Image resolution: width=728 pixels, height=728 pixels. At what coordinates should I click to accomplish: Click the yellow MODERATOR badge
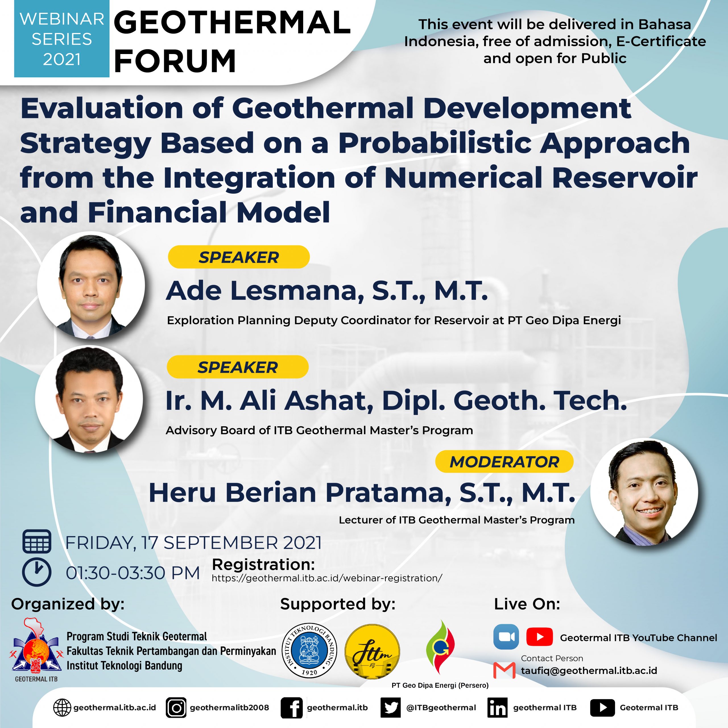(504, 462)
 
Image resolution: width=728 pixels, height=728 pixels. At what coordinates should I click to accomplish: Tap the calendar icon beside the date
(37, 541)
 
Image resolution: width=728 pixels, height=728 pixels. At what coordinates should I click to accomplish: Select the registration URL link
(327, 578)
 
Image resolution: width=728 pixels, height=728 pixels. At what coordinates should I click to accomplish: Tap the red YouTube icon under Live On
(539, 637)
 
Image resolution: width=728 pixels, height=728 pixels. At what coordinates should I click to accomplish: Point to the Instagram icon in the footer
(176, 707)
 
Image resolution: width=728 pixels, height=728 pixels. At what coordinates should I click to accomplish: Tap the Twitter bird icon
(391, 707)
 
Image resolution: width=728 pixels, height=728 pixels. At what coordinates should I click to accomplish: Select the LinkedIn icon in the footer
(497, 707)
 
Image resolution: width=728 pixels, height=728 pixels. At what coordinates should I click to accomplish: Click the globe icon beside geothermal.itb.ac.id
(62, 707)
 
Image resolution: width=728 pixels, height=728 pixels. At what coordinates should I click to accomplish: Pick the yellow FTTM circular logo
(372, 651)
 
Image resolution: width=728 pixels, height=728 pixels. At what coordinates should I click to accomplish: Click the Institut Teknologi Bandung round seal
(310, 650)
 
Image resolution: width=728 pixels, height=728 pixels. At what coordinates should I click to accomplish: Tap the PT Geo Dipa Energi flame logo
(440, 647)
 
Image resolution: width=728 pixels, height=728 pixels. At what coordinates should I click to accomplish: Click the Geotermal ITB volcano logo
(36, 649)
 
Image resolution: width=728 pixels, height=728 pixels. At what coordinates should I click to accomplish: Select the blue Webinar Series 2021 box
(62, 39)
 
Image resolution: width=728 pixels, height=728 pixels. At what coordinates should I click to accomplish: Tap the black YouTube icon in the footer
(602, 707)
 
